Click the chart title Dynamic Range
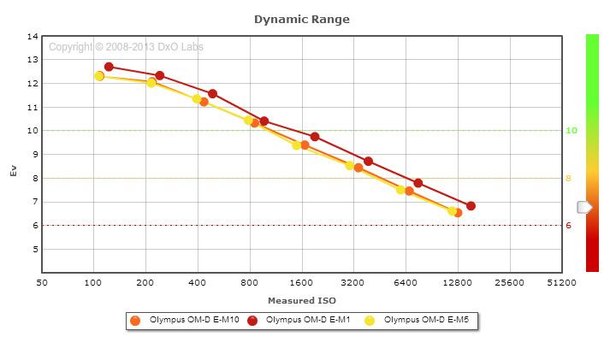click(x=301, y=19)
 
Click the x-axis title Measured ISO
click(x=301, y=300)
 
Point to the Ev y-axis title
click(x=13, y=170)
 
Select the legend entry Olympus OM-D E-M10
click(x=191, y=321)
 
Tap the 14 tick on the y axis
click(x=33, y=37)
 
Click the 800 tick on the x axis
click(x=250, y=281)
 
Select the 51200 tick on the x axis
click(x=561, y=281)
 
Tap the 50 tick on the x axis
click(x=42, y=281)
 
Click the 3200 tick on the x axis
click(x=353, y=281)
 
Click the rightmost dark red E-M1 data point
click(x=471, y=206)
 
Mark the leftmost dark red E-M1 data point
click(x=109, y=67)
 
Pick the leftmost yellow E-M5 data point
click(x=99, y=76)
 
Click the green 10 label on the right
click(x=572, y=131)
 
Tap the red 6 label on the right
click(x=568, y=226)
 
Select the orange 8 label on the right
click(x=568, y=179)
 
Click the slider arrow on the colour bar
click(x=584, y=207)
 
